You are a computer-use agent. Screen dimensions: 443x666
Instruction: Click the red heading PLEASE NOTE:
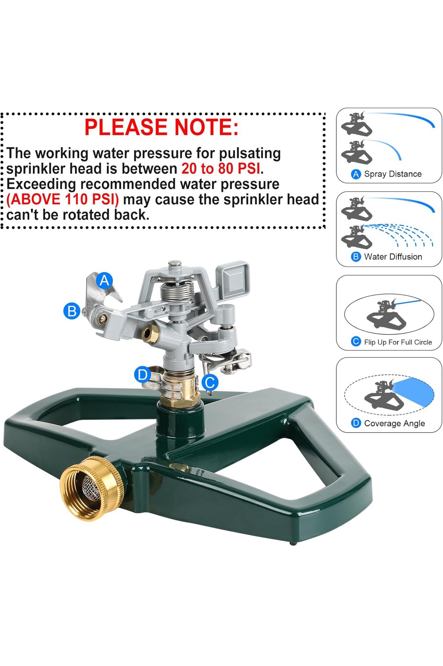[x=161, y=127]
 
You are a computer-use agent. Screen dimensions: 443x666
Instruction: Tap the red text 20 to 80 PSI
[x=221, y=169]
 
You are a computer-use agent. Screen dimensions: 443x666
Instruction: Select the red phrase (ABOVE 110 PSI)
[x=63, y=199]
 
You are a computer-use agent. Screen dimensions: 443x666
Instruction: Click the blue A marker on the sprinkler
[x=105, y=280]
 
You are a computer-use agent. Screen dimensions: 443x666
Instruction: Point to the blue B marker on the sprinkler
[x=72, y=311]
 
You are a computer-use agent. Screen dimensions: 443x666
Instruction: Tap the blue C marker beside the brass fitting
[x=210, y=382]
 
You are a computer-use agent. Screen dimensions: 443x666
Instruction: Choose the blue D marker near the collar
[x=142, y=375]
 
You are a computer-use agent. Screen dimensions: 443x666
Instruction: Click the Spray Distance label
[x=393, y=174]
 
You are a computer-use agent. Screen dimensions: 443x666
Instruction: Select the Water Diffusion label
[x=393, y=256]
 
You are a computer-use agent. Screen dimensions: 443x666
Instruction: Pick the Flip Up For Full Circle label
[x=398, y=342]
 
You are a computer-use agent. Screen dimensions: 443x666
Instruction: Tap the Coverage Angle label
[x=395, y=423]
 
